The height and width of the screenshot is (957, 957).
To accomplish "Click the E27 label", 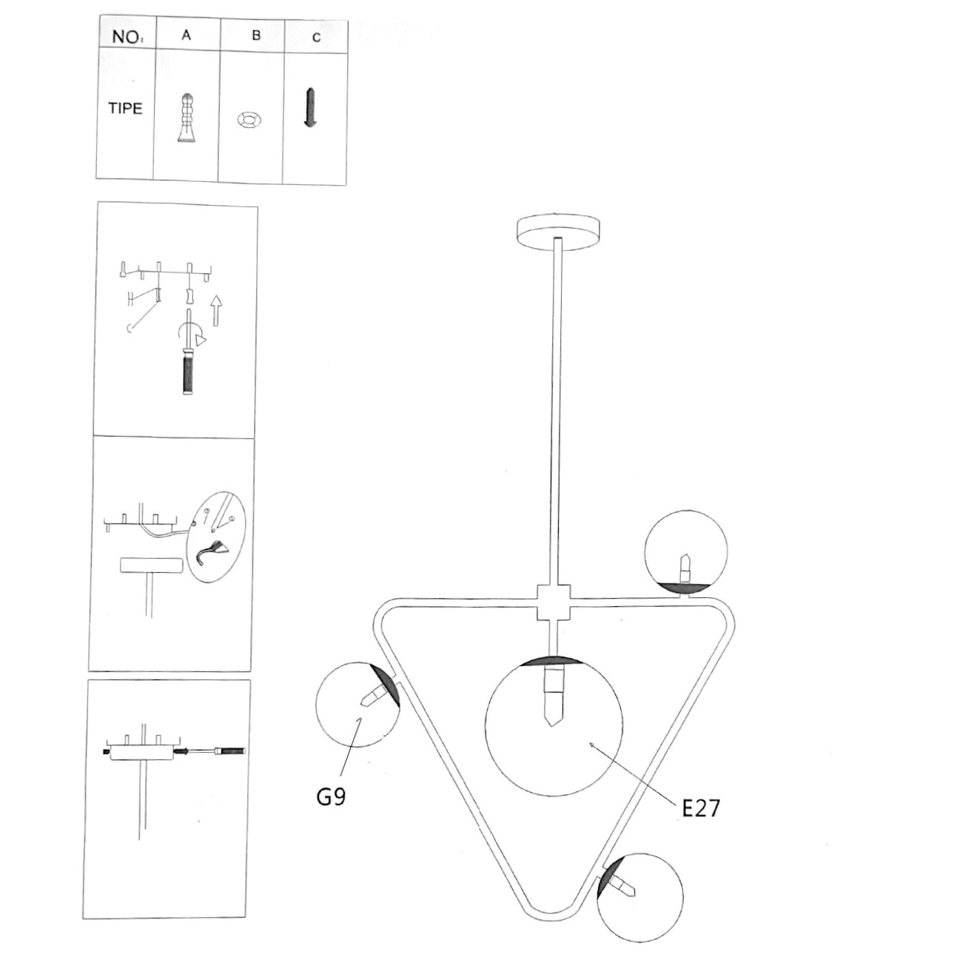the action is click(701, 822).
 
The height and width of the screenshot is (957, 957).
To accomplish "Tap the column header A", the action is click(187, 35).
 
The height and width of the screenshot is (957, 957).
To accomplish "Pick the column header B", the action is click(256, 36).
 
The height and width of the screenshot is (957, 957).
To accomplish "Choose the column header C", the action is click(316, 38).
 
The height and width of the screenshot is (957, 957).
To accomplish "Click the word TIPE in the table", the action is click(125, 108).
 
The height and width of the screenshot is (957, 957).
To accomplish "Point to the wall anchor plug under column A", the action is click(186, 118).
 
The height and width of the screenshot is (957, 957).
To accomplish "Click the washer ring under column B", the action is click(249, 120).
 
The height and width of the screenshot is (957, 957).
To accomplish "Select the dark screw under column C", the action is click(311, 108).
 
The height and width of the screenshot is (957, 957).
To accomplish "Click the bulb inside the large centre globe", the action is click(554, 695).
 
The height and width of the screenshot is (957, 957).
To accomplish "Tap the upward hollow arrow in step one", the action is click(216, 310).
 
